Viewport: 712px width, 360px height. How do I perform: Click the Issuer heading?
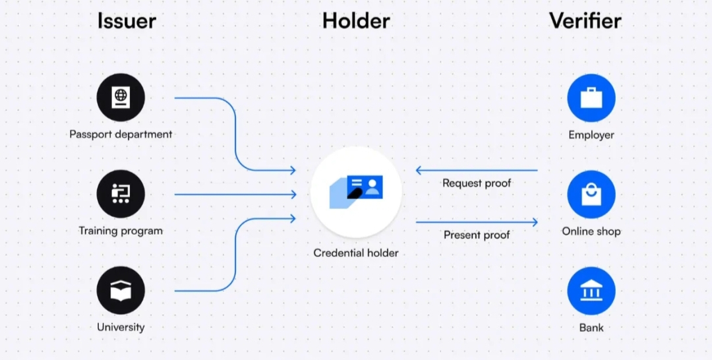(127, 20)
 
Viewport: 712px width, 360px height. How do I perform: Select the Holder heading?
(356, 20)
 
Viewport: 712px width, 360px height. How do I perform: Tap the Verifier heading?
(585, 20)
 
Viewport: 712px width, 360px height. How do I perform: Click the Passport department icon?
(121, 98)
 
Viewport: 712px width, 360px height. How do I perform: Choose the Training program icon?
(121, 194)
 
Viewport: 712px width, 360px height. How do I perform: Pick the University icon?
(121, 290)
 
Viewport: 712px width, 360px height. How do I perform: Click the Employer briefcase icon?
(591, 98)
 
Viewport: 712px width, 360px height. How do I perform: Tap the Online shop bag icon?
(591, 194)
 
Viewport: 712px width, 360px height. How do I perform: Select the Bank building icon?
(591, 290)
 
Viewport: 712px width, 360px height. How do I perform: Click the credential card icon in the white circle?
(357, 189)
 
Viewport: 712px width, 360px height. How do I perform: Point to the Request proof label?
(477, 183)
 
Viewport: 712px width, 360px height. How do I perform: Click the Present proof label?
(477, 235)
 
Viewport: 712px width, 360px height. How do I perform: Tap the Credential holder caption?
(356, 253)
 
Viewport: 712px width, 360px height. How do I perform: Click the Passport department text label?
(121, 135)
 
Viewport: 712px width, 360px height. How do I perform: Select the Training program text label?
(121, 231)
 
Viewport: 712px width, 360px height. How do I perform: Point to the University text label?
(121, 327)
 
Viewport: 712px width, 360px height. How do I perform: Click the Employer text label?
(591, 135)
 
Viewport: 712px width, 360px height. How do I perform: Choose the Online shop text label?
(591, 231)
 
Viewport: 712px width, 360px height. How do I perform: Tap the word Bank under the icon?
(591, 328)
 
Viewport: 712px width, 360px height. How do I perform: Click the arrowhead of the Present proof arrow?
(535, 222)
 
